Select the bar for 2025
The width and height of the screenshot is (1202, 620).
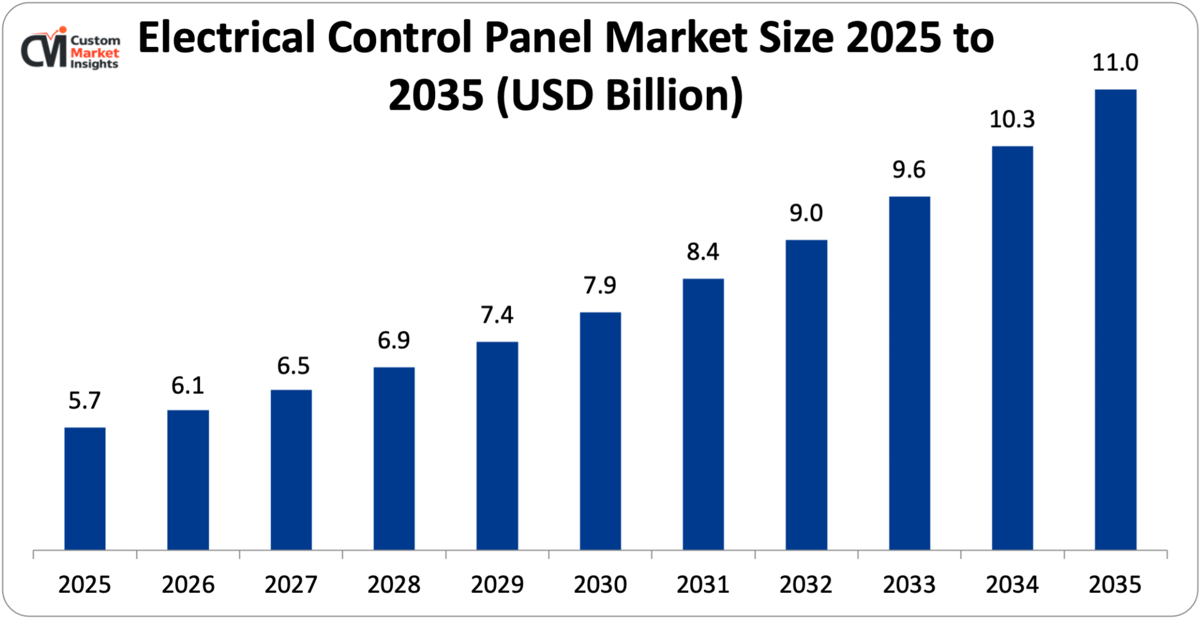85,488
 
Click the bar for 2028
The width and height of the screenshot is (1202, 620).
394,458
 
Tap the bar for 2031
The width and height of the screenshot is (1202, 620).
703,414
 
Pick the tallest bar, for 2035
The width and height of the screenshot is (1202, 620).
1115,319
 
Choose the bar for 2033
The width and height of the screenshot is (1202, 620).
909,373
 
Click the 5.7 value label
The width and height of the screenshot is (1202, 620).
85,401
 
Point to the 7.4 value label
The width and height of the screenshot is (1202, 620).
497,315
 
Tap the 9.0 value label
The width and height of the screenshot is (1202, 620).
806,213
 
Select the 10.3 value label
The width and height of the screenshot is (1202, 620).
1012,120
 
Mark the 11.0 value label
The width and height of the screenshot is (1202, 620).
1115,63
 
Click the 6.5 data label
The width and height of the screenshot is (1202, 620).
293,366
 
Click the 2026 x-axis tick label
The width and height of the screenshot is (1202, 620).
188,585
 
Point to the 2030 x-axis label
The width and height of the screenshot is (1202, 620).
600,585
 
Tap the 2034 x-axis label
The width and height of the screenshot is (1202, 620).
1012,585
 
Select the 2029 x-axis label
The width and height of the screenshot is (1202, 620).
497,585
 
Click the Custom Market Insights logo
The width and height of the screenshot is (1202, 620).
70,49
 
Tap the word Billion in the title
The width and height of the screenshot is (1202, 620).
673,96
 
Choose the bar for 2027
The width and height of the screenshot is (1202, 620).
291,470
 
